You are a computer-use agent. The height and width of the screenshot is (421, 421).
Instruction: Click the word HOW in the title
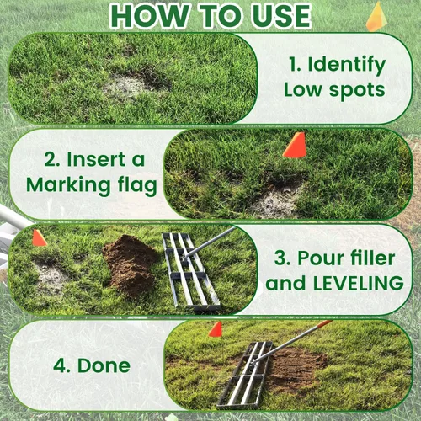pos(150,16)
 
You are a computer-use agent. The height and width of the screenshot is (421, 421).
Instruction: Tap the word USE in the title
pos(281,16)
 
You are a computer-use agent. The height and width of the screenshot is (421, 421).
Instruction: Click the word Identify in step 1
pos(347,66)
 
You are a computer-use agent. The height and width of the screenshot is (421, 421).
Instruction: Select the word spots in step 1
pos(357,90)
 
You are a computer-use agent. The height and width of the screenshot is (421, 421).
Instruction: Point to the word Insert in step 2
pos(96,159)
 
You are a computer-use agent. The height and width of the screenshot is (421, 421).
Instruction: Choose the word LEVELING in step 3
pos(359,283)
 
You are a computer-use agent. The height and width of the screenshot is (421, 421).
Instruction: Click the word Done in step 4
pos(104,365)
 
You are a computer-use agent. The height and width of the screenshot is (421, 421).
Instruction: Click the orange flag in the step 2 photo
pos(295,145)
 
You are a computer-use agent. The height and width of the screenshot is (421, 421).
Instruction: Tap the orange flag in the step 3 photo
pos(40,238)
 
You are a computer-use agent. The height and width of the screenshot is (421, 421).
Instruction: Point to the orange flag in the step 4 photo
pos(216,329)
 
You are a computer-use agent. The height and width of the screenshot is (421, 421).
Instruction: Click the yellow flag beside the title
pos(377,18)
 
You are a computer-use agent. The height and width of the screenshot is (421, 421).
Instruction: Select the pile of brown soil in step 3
pos(130,264)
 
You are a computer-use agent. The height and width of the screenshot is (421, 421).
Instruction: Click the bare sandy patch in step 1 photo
pos(126,87)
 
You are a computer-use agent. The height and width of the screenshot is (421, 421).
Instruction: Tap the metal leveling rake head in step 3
pos(191,272)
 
